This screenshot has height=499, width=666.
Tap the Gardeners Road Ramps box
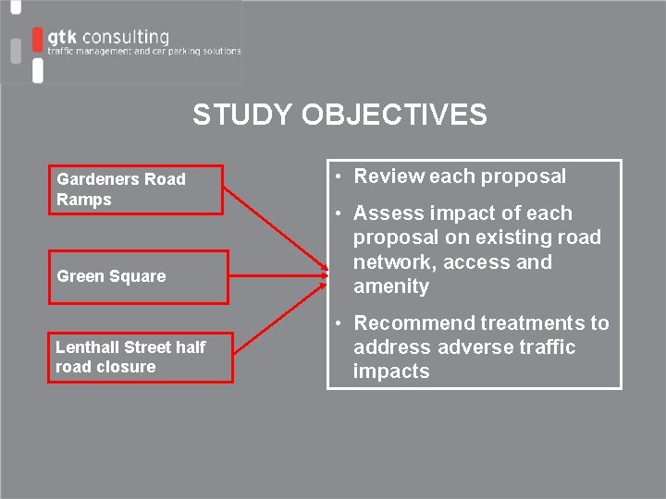point(136,190)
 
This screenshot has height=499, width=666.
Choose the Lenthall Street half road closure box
point(141,357)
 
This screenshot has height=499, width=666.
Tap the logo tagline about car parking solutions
point(144,52)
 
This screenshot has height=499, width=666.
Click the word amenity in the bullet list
point(391,286)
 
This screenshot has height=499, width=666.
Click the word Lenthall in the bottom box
point(84,347)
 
